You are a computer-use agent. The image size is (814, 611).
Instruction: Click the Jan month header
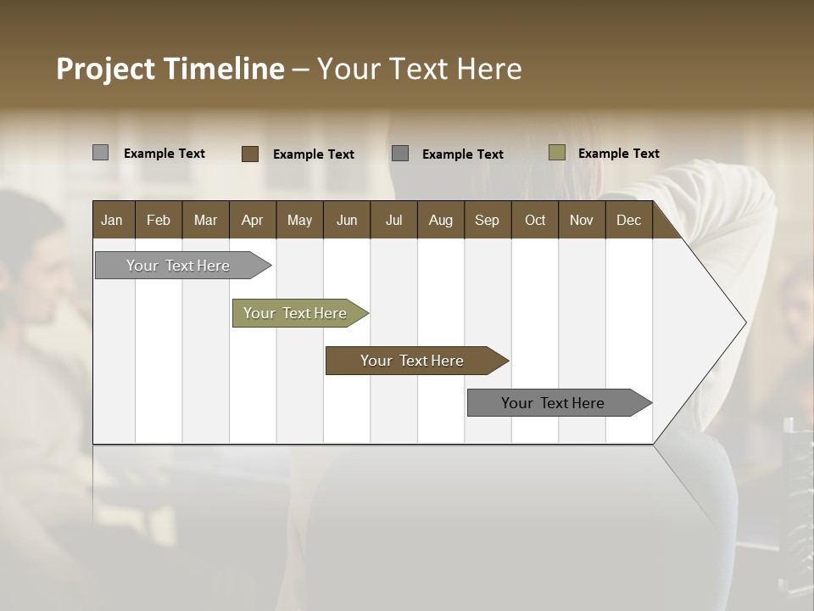(x=112, y=220)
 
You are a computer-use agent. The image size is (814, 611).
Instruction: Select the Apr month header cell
(x=252, y=220)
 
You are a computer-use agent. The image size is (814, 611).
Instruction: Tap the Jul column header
(x=393, y=220)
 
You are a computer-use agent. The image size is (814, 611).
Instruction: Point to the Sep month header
(x=487, y=220)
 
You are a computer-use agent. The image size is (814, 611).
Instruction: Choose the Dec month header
(x=628, y=220)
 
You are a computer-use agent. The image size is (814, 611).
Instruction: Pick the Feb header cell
(x=159, y=220)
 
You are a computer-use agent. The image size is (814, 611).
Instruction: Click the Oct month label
(x=535, y=220)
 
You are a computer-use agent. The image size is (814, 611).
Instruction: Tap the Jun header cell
(x=347, y=220)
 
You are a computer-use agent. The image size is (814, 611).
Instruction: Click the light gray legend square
(x=100, y=153)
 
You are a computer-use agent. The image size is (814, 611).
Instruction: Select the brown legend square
(x=250, y=154)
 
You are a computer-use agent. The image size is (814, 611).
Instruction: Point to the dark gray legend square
(x=400, y=154)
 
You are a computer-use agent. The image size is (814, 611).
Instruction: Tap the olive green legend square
(x=557, y=153)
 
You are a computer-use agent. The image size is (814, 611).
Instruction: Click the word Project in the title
(x=106, y=69)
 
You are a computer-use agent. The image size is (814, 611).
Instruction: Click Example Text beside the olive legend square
(x=618, y=154)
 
